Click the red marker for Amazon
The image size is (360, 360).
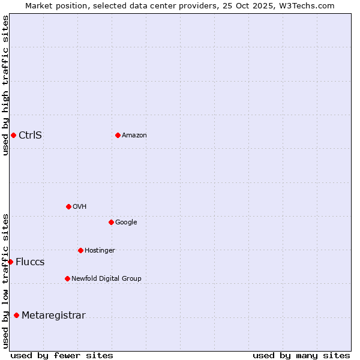(x=118, y=135)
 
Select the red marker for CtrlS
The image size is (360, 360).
(x=13, y=135)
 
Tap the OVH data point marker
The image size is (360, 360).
(x=68, y=206)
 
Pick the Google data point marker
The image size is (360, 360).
(x=111, y=222)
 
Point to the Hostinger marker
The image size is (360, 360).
(x=80, y=250)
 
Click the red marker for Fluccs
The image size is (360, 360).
(x=10, y=262)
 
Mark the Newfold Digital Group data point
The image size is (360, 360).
(x=67, y=278)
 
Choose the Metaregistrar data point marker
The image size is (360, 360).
(x=16, y=316)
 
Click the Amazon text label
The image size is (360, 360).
(x=134, y=135)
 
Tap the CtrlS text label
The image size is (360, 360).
(x=30, y=135)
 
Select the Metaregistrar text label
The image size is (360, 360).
(x=53, y=316)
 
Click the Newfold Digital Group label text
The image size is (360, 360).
(x=106, y=278)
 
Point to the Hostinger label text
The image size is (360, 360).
(x=100, y=250)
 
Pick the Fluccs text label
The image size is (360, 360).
(x=30, y=262)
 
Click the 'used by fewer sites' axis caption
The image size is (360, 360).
(x=62, y=355)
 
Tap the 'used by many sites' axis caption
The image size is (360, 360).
(x=301, y=355)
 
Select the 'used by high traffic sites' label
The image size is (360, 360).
(x=5, y=85)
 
